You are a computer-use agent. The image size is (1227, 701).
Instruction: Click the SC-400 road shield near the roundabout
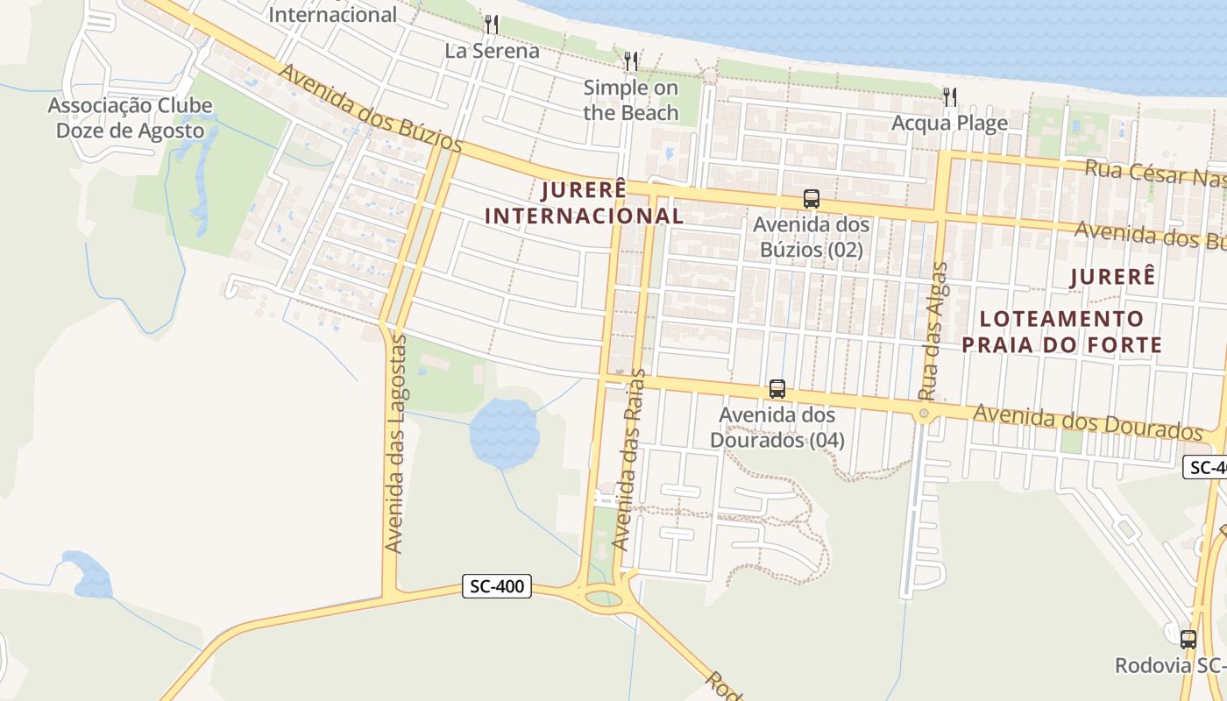(497, 586)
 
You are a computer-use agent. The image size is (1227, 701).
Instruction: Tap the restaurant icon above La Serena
(492, 25)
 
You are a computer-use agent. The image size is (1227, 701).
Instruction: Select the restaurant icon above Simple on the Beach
(631, 61)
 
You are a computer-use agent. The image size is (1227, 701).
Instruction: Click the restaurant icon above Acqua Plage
(950, 96)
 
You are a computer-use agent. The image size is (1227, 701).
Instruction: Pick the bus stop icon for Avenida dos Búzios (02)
(812, 199)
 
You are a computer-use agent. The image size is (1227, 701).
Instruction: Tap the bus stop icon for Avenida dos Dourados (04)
(777, 389)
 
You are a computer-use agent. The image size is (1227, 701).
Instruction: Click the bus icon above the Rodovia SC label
(1188, 639)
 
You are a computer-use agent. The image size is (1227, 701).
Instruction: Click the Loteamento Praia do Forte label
(1062, 331)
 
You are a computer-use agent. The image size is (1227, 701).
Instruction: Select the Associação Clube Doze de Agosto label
(130, 118)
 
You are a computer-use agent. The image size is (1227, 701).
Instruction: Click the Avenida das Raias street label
(628, 459)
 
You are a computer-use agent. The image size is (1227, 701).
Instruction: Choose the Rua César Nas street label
(1155, 173)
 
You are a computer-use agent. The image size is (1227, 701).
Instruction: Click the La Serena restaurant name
(492, 51)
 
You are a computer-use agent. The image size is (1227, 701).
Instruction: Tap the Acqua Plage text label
(949, 123)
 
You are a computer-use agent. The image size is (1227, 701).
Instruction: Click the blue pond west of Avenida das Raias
(504, 432)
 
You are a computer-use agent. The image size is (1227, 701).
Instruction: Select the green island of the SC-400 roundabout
(604, 598)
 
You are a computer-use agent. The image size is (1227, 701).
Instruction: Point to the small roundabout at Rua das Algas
(924, 413)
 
